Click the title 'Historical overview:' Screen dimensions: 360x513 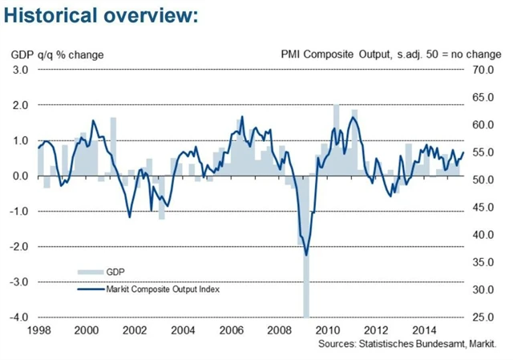point(100,16)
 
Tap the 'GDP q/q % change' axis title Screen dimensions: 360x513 point(57,55)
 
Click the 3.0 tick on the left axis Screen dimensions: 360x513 point(21,71)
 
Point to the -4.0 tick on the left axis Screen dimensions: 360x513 point(19,318)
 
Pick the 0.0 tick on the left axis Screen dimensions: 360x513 point(21,176)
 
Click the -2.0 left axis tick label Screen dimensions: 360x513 point(19,247)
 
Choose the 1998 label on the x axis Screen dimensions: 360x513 point(38,329)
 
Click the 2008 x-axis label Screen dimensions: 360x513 point(280,329)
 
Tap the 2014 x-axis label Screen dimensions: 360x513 point(424,329)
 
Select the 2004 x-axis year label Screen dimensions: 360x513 point(184,329)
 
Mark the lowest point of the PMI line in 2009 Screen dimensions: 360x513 point(306,255)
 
